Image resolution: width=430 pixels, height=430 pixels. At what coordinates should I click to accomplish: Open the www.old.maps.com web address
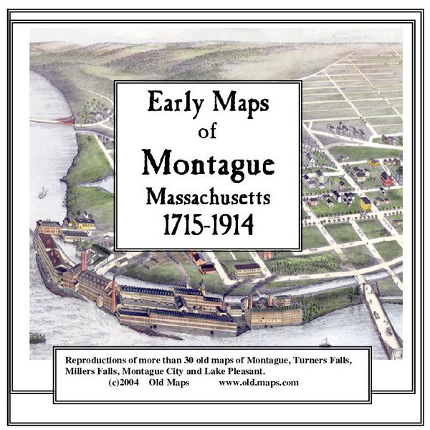pos(259,383)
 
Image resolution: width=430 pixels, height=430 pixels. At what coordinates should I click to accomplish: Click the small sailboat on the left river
pos(44,192)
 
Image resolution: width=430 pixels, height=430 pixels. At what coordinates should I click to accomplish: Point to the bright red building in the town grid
pos(387,178)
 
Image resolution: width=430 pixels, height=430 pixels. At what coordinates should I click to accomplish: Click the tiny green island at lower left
pos(37,338)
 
